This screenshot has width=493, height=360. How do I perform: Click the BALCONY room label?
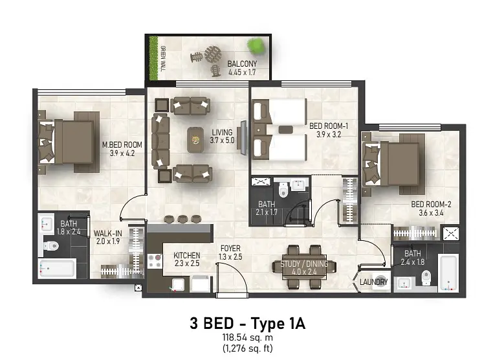242,64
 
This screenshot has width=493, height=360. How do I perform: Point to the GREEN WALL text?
163,58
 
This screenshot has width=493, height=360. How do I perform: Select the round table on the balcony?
213,54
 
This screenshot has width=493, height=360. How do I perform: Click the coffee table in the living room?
195,140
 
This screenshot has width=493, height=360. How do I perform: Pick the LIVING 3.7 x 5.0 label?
223,136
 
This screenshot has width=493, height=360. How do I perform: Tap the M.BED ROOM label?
122,145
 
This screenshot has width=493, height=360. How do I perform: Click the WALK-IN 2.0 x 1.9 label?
107,237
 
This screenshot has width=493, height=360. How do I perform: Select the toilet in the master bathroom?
51,245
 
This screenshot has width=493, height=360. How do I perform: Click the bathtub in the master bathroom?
57,269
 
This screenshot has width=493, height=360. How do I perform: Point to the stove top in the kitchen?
155,261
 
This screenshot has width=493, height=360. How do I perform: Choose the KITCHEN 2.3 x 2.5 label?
187,259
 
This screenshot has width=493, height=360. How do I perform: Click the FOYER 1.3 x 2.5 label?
230,253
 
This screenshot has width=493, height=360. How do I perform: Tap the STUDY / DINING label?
304,264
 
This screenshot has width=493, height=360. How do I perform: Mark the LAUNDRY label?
373,282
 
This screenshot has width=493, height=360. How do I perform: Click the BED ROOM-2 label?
431,204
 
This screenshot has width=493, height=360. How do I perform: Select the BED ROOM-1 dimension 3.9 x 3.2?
329,135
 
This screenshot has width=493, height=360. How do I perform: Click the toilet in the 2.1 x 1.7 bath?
283,190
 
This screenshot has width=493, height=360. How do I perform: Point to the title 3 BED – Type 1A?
247,324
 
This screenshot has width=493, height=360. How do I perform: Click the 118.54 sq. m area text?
247,337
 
